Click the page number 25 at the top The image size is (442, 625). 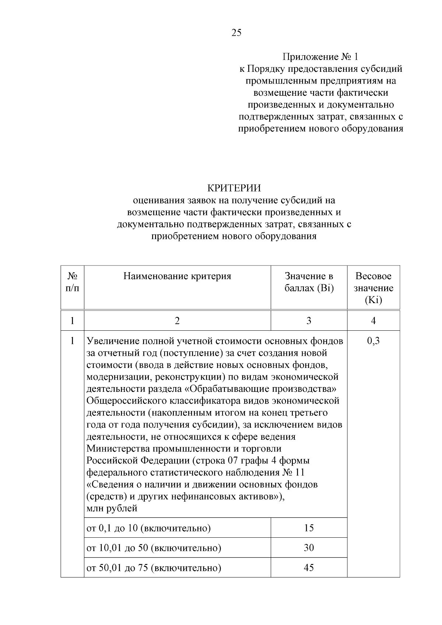click(236, 33)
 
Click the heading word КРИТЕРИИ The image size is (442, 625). click(234, 188)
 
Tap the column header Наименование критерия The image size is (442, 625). click(177, 276)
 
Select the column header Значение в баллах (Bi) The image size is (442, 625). click(309, 282)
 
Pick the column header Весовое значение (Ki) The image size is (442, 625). click(373, 288)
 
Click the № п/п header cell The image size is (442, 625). click(72, 282)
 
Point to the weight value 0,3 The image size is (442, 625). click(373, 341)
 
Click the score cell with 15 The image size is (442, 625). click(309, 528)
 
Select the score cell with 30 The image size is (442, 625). click(309, 548)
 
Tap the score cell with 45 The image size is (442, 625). click(309, 568)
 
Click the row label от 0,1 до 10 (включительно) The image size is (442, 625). click(148, 529)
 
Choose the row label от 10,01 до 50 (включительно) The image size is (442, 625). click(154, 548)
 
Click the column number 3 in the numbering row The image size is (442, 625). click(309, 321)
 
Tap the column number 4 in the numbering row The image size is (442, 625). click(373, 321)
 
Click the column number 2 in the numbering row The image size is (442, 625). click(177, 321)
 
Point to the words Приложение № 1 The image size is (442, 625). click(320, 57)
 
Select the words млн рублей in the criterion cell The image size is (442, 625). click(112, 509)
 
